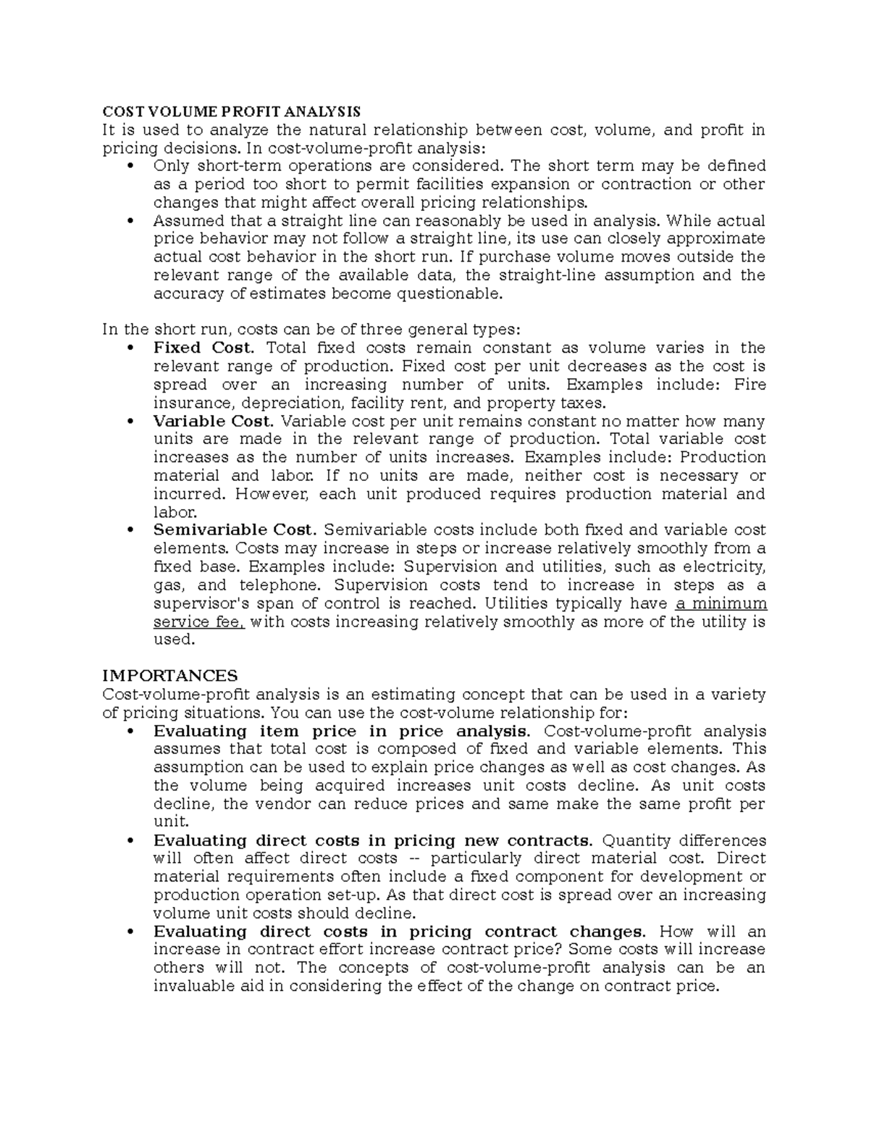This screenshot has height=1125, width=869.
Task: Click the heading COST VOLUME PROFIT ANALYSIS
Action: (231, 112)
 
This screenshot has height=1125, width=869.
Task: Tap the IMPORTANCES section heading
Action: (170, 676)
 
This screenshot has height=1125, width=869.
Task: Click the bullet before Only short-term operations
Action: (130, 167)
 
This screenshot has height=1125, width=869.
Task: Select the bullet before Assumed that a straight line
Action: (130, 221)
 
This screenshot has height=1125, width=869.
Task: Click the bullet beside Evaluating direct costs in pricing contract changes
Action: (130, 932)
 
